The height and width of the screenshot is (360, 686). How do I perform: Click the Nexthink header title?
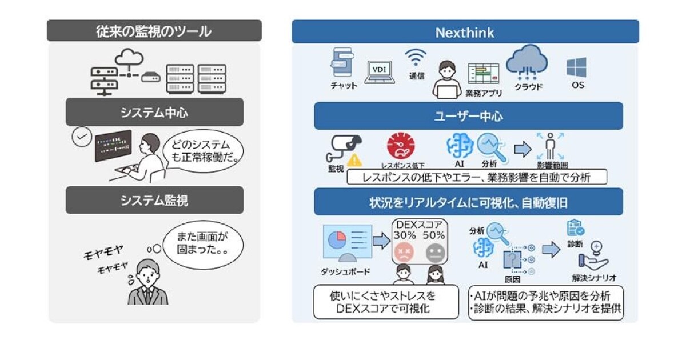tap(465, 32)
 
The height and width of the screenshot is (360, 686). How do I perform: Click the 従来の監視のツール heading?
tap(154, 31)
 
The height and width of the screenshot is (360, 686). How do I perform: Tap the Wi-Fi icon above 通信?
tap(416, 58)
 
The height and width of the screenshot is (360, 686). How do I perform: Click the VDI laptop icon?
tap(379, 71)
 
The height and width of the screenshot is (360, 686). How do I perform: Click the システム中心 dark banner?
tap(154, 113)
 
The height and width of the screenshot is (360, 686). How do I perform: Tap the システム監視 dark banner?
tap(154, 200)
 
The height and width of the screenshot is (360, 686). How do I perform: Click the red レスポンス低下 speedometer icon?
tap(401, 146)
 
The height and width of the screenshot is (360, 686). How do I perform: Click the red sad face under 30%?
tap(404, 251)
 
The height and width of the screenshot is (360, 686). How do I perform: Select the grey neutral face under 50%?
tap(434, 251)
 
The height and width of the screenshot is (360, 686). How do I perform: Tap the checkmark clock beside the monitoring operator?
tap(82, 137)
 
